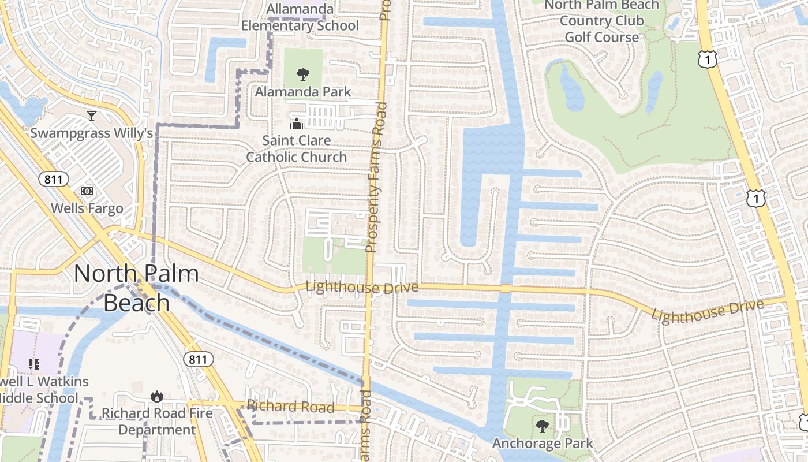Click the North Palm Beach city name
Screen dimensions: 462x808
point(136,288)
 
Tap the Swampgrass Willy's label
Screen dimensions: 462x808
point(91,133)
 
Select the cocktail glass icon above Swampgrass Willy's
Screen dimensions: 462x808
point(91,116)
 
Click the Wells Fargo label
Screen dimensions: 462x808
point(87,208)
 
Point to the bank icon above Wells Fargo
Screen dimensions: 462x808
point(87,191)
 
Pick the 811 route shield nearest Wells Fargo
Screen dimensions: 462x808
point(54,179)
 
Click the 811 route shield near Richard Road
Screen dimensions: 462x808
point(199,359)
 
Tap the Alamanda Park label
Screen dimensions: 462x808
point(303,91)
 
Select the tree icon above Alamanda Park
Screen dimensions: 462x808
point(302,74)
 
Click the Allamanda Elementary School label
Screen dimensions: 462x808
point(300,17)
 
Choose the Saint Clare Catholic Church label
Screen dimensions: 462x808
point(297,148)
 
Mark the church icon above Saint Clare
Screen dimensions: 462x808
point(297,124)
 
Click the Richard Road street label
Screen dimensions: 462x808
point(290,407)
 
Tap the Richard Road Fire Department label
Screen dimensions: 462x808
point(157,422)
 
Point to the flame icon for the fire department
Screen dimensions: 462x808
point(156,396)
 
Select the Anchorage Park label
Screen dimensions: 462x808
point(543,444)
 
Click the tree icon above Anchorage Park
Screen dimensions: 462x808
point(542,426)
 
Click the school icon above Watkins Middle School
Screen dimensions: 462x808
point(34,364)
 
